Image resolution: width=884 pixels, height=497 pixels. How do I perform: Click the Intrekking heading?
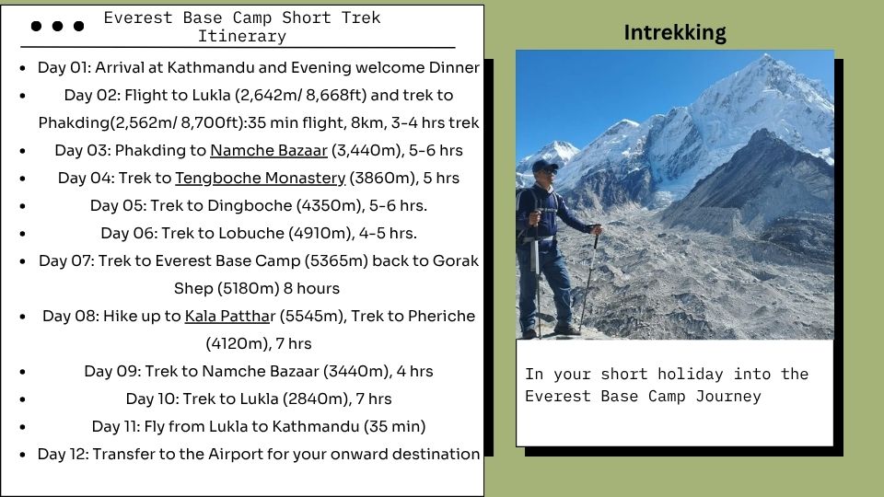click(675, 33)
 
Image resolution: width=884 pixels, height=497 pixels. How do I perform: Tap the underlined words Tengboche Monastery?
click(260, 178)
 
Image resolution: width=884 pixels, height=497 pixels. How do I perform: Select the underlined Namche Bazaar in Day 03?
click(268, 150)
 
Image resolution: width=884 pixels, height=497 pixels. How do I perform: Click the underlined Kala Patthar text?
click(230, 316)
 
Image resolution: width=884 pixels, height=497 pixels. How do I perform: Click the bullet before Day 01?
click(22, 68)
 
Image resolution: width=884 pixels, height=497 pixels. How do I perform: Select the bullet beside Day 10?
click(22, 399)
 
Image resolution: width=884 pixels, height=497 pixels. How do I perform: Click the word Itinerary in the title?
click(242, 36)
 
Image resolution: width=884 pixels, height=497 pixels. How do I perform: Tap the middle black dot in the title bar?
click(57, 26)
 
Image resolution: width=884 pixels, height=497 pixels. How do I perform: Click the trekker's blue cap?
click(544, 166)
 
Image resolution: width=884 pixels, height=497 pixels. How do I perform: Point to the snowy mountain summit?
click(765, 56)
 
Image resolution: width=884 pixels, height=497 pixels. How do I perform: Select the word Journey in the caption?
click(728, 397)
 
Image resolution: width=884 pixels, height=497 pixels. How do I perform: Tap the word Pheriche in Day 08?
click(441, 316)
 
